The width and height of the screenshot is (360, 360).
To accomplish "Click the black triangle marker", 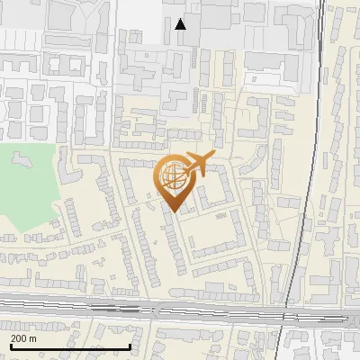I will [x=181, y=24].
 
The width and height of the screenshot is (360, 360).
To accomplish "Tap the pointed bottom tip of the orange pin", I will [x=171, y=211].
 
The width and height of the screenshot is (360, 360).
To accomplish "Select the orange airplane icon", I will [x=196, y=165].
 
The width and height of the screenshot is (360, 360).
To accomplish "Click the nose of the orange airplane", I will [x=212, y=157].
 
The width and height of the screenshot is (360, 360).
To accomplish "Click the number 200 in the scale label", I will [x=19, y=338].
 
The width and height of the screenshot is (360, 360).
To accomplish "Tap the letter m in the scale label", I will [x=32, y=338].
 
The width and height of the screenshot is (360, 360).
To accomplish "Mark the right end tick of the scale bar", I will [x=130, y=346].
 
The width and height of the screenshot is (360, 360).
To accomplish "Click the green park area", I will [x=27, y=180].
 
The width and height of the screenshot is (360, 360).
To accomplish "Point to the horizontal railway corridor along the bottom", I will [x=180, y=310].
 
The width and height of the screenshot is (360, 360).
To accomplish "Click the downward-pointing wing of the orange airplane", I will [x=193, y=175].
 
